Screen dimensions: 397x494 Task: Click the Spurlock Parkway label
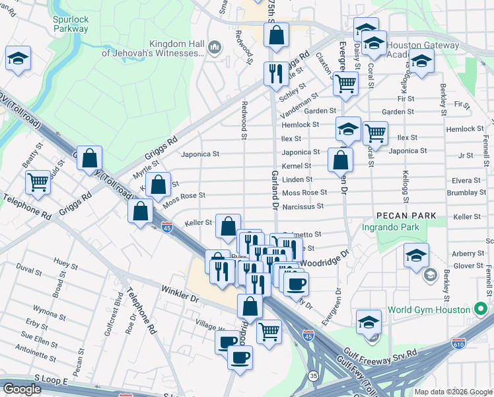(x=71, y=24)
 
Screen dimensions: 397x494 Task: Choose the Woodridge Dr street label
(x=324, y=258)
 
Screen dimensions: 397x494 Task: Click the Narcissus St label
(x=303, y=206)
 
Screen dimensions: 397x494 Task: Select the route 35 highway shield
(x=313, y=375)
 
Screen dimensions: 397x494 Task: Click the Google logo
(x=22, y=388)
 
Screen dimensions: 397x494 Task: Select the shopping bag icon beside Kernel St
(x=340, y=159)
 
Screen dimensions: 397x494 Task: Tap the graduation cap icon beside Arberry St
(x=417, y=255)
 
